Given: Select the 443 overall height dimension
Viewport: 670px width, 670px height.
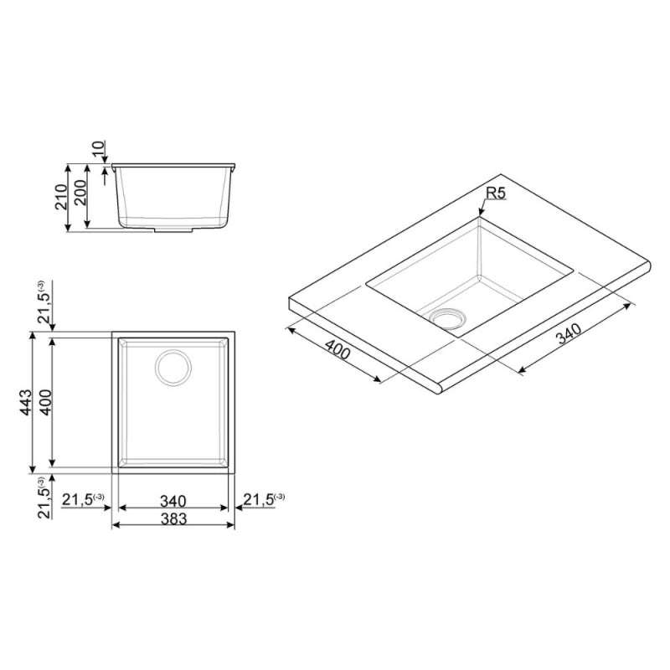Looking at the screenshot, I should pyautogui.click(x=26, y=402).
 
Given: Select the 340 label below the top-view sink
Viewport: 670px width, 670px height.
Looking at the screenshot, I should pyautogui.click(x=173, y=500).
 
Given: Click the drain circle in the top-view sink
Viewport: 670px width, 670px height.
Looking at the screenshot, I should pyautogui.click(x=173, y=367).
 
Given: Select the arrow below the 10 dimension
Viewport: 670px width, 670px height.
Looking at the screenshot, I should pyautogui.click(x=105, y=172).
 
